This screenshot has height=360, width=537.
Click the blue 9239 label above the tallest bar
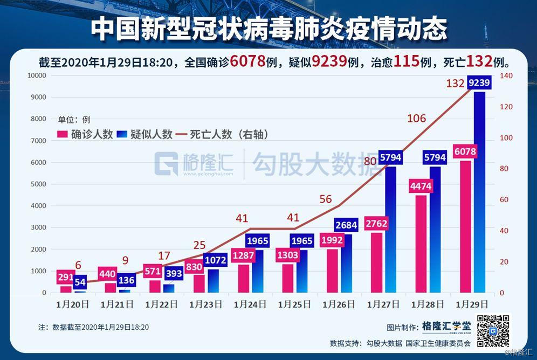click(x=479, y=82)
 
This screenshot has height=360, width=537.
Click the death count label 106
click(x=416, y=119)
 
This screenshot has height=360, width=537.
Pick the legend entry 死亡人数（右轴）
click(x=222, y=135)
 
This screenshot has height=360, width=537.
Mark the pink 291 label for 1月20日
click(x=65, y=278)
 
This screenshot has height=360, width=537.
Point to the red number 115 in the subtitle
click(x=406, y=61)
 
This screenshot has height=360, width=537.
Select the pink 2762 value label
click(x=376, y=224)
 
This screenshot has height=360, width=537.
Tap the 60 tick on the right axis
click(x=504, y=200)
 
